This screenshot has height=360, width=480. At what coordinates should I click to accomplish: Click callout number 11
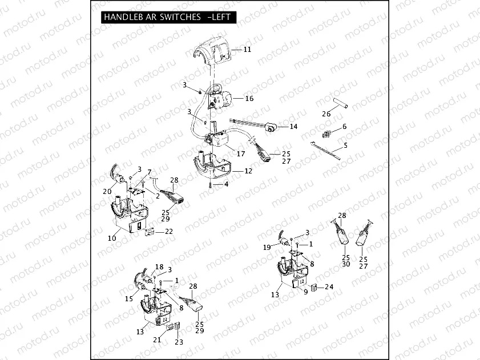[x=247, y=50]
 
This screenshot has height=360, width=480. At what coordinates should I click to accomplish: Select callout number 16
[x=249, y=99]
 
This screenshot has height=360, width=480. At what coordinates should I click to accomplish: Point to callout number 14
[x=293, y=127]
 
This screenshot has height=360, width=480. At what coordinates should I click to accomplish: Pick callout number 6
[x=345, y=126]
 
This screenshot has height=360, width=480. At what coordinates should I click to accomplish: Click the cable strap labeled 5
[x=325, y=150]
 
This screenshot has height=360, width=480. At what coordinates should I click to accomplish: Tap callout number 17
[x=241, y=153]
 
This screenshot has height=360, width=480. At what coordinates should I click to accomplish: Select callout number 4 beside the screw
[x=226, y=185]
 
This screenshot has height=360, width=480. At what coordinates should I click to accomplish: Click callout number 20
[x=107, y=192]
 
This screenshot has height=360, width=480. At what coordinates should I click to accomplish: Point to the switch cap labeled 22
[x=150, y=232]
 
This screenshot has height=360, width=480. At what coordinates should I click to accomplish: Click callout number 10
[x=112, y=238]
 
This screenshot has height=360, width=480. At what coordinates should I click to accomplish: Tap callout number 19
[x=267, y=248]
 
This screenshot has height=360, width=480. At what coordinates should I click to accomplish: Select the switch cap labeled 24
[x=313, y=288]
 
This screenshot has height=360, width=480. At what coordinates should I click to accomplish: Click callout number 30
[x=346, y=264]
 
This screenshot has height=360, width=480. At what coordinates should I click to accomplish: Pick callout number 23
[x=179, y=342]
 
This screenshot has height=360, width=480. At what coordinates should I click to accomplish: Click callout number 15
[x=129, y=299]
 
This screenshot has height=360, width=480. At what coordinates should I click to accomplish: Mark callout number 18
[x=159, y=267]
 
